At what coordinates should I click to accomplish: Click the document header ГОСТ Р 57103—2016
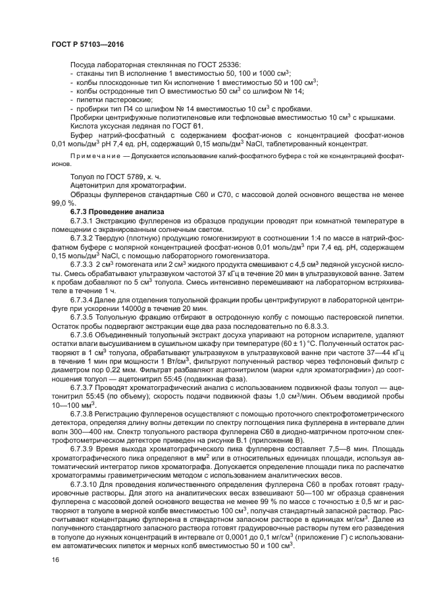point(87,44)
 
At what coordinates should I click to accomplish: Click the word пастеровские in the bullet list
point(113,100)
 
